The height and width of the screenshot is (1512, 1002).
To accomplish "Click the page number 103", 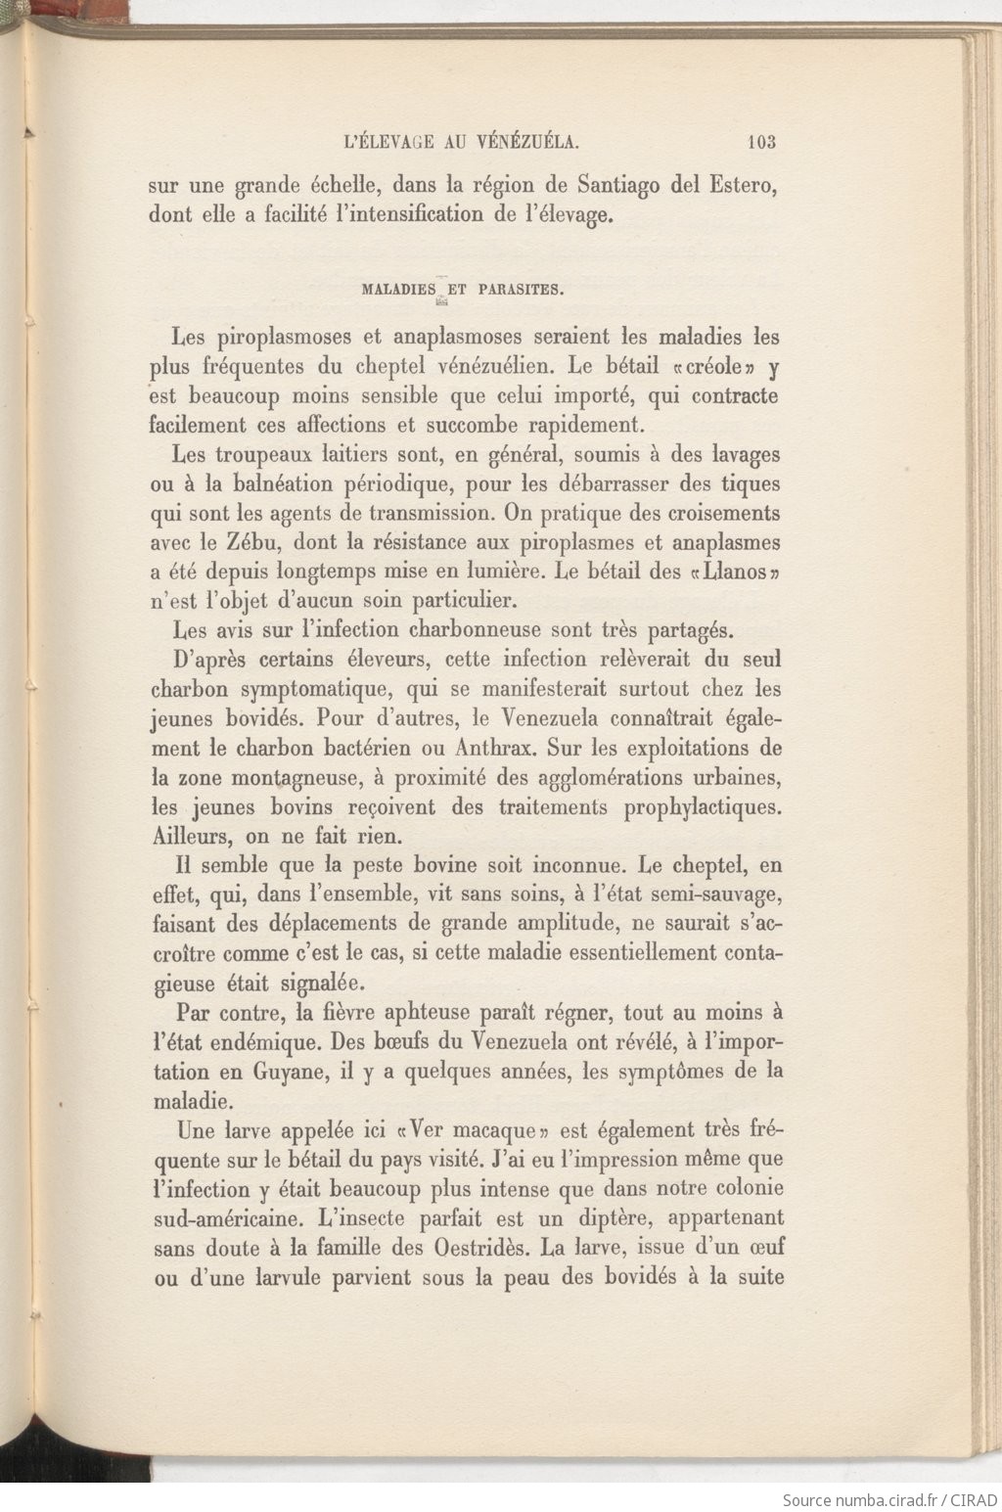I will (x=760, y=142).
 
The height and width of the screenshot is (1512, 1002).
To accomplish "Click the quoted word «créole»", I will (x=713, y=367).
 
